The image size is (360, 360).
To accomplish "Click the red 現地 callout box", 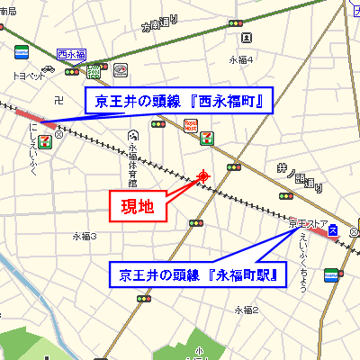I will [x=138, y=206].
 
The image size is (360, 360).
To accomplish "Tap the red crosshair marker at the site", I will [x=203, y=175].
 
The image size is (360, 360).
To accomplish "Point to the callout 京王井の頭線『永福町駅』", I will [x=197, y=273].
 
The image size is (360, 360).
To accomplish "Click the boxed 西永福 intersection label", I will [x=69, y=55].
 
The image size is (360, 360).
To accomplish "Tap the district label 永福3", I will [x=85, y=236].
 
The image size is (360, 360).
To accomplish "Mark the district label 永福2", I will [x=247, y=310].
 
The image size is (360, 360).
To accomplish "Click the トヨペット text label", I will [x=29, y=76].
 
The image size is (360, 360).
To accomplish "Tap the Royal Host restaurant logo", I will [x=190, y=124].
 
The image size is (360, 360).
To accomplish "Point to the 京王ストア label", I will [x=307, y=220].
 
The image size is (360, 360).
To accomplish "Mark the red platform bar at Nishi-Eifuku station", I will [x=31, y=117].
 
